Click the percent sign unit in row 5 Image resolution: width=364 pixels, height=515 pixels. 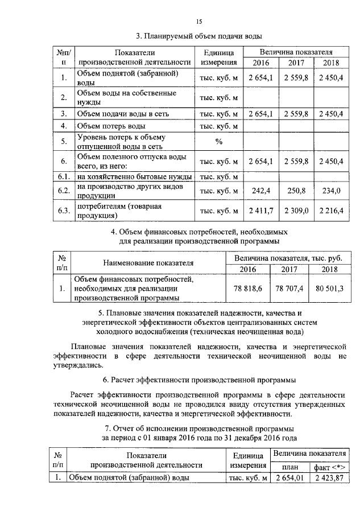point(218,141)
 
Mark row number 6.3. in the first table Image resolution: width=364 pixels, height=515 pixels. point(64,211)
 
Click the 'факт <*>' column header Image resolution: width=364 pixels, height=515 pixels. point(329,466)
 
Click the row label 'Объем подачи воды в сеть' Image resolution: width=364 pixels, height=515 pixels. point(122,114)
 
